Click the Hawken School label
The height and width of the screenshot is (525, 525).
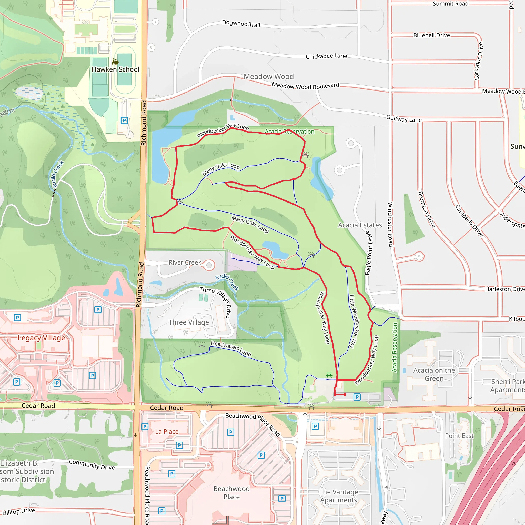(116, 69)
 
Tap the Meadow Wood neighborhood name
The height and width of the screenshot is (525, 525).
(268, 77)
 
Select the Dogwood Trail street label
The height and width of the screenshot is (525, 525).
(241, 24)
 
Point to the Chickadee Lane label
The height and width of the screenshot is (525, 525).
(326, 56)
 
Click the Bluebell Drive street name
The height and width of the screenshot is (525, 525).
(431, 35)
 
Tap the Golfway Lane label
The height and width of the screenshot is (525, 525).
(404, 119)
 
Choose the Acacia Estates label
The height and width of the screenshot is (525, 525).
(360, 225)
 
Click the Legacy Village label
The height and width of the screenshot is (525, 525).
(41, 338)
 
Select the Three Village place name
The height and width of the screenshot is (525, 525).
(189, 322)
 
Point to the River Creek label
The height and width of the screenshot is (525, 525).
(185, 262)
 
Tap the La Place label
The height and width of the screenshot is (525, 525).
(167, 431)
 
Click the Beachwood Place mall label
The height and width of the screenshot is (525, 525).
(231, 493)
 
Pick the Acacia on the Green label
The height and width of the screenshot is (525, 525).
(434, 374)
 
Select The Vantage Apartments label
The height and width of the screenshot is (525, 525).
(339, 496)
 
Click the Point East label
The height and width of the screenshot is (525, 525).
(459, 436)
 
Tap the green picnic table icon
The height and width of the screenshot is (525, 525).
(329, 375)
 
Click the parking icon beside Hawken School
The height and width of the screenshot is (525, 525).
(124, 120)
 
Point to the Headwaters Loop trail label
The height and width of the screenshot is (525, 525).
(231, 349)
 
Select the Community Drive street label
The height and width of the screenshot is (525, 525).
(92, 465)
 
